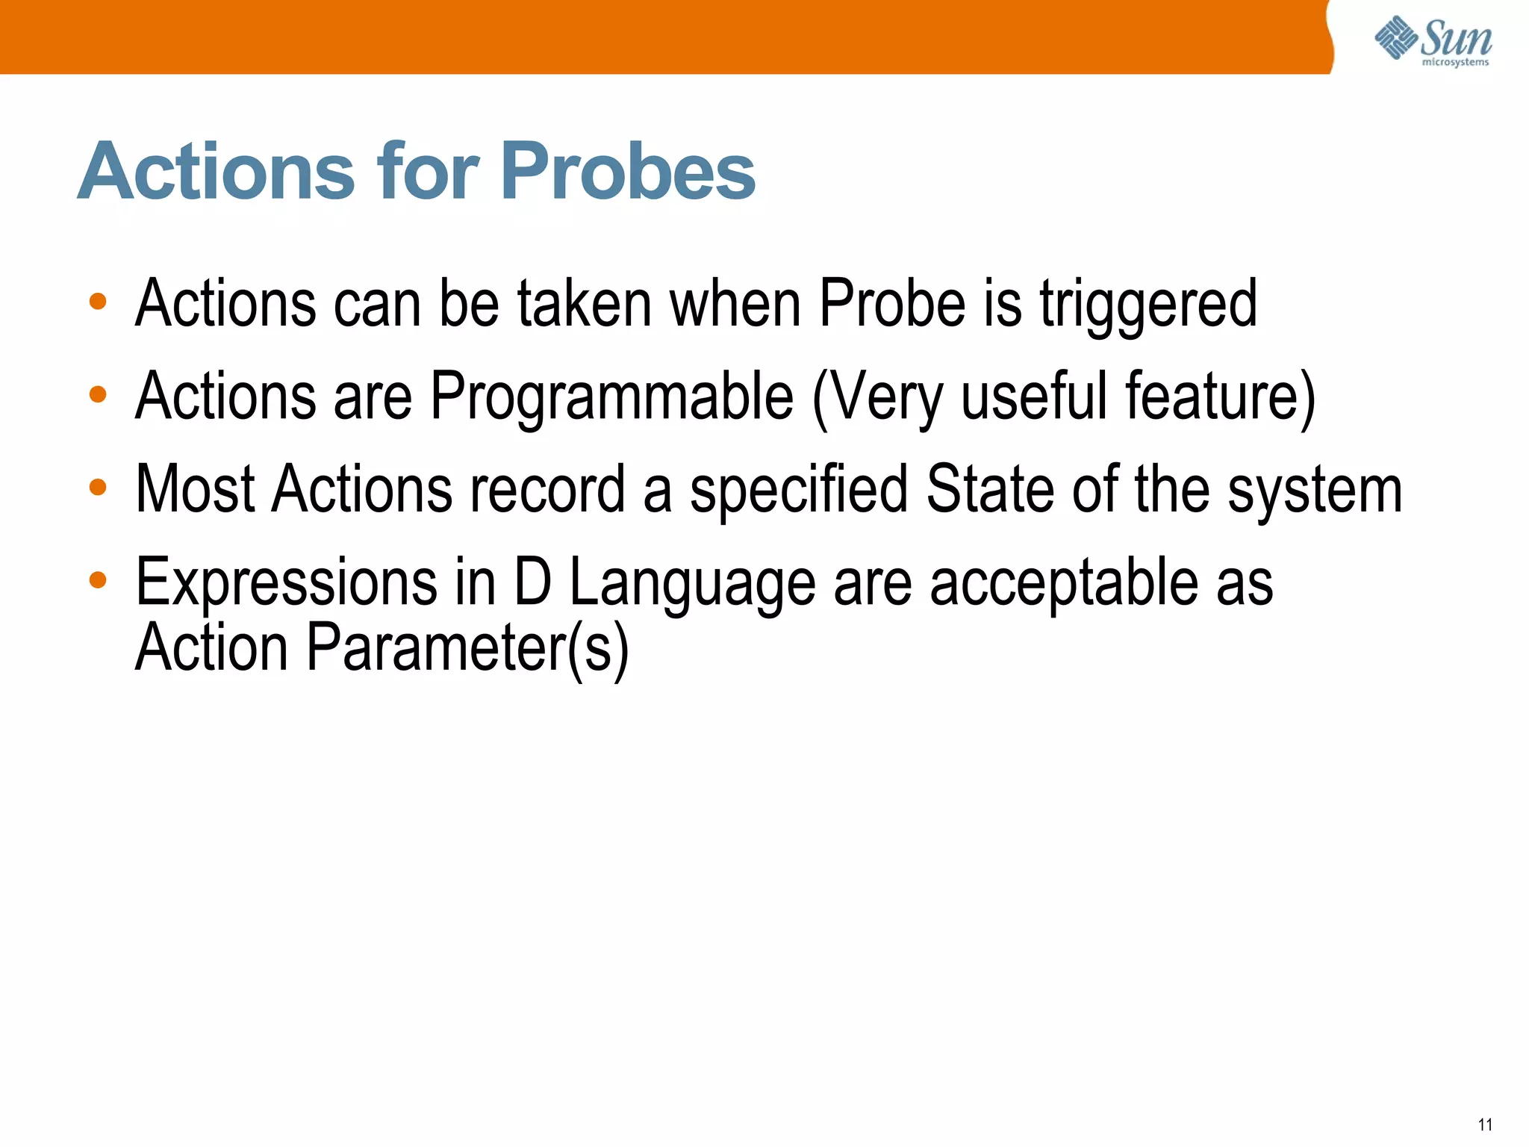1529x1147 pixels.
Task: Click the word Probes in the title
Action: tap(628, 173)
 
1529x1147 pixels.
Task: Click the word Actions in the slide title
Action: tap(216, 172)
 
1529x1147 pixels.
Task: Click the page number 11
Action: tap(1485, 1125)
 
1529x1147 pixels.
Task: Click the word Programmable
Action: tap(611, 397)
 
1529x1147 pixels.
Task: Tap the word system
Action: tap(1315, 491)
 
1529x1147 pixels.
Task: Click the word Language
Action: tap(692, 585)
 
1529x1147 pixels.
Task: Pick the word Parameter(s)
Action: tap(467, 647)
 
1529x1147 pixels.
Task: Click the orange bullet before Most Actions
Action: tap(98, 488)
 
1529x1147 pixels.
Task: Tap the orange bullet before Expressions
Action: tap(98, 579)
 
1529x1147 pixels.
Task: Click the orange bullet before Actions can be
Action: tap(98, 302)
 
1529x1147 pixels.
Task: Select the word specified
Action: tap(798, 491)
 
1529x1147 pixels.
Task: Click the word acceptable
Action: tap(1063, 583)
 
